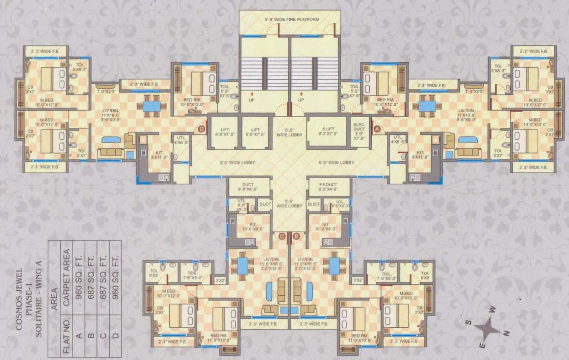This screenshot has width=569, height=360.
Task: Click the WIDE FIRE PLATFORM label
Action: tap(291, 19)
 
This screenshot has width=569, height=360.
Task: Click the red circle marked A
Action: tap(376, 128)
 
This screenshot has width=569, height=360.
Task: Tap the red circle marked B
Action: tap(296, 236)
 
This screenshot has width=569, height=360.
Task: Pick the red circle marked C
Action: tap(282, 236)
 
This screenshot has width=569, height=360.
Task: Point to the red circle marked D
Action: tap(202, 129)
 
